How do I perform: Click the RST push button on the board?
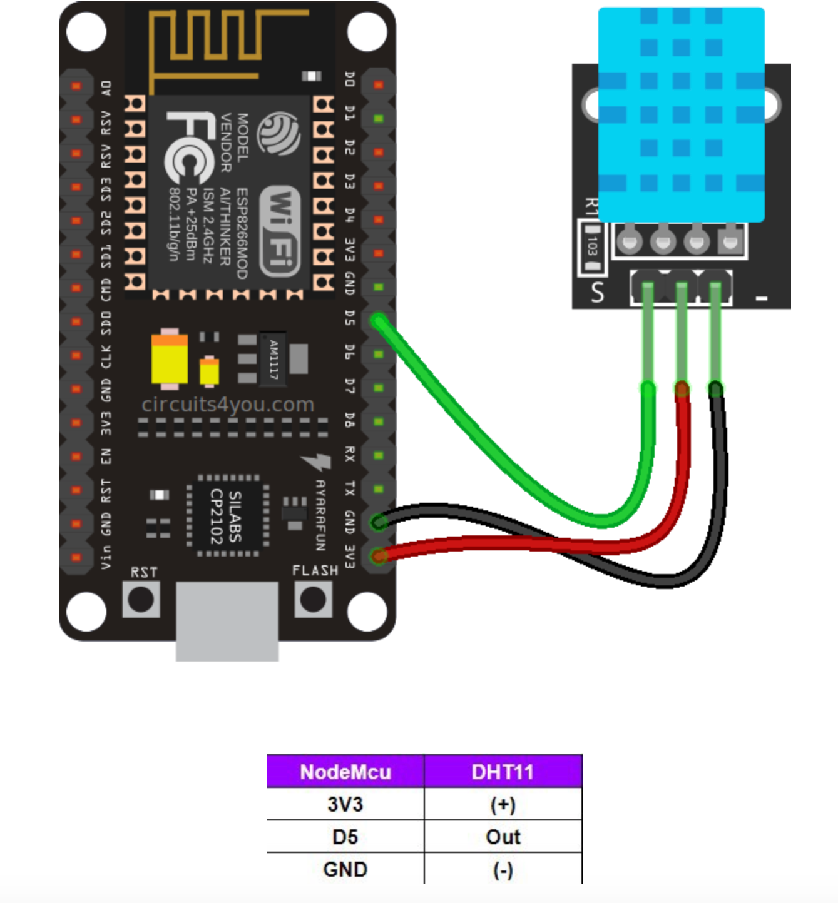tap(141, 600)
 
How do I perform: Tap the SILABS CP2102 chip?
tap(226, 515)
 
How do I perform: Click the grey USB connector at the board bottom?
tap(227, 620)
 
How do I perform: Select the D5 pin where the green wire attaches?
tap(378, 321)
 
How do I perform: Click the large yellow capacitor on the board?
tap(169, 359)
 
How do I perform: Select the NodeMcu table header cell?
tap(345, 772)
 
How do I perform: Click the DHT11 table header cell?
tap(503, 772)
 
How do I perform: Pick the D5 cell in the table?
tap(345, 837)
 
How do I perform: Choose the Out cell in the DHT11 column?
tap(503, 837)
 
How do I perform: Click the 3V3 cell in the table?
tap(345, 804)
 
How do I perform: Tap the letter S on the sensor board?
tap(598, 292)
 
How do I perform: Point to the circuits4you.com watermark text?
tap(228, 405)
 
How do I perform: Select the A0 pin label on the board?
tap(106, 88)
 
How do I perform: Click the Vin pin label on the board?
tap(106, 556)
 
